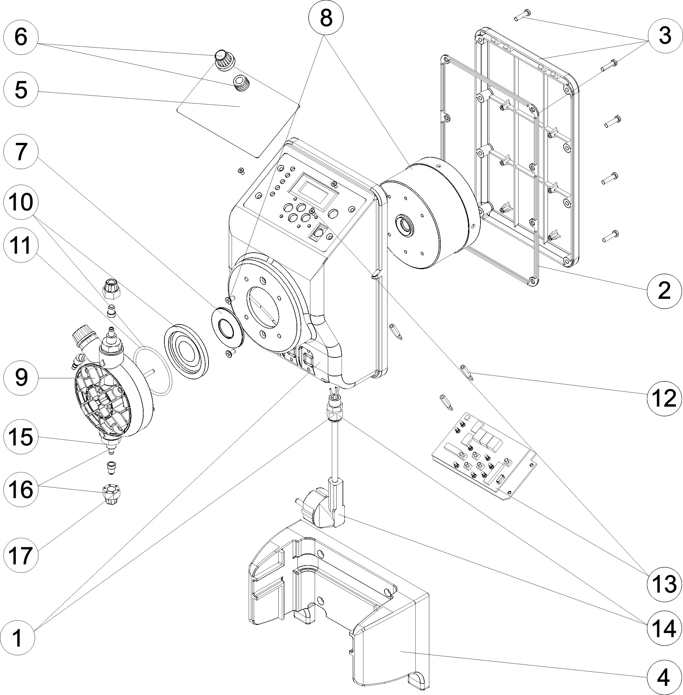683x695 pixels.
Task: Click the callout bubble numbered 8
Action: [x=326, y=18]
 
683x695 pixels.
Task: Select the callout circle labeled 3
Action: [x=665, y=36]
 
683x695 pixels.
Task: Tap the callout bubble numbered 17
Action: [x=21, y=555]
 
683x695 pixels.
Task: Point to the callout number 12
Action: [x=664, y=399]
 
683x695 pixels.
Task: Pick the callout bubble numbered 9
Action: [x=21, y=378]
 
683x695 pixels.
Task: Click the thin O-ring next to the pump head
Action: [x=152, y=369]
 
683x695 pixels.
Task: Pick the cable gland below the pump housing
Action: [x=334, y=410]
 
